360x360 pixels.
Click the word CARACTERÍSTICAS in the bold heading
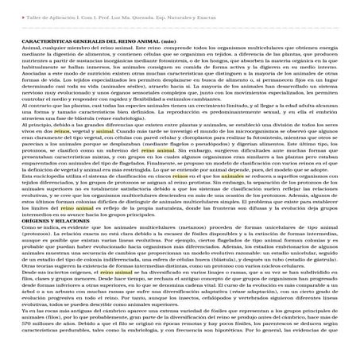pyautogui.click(x=47, y=42)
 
